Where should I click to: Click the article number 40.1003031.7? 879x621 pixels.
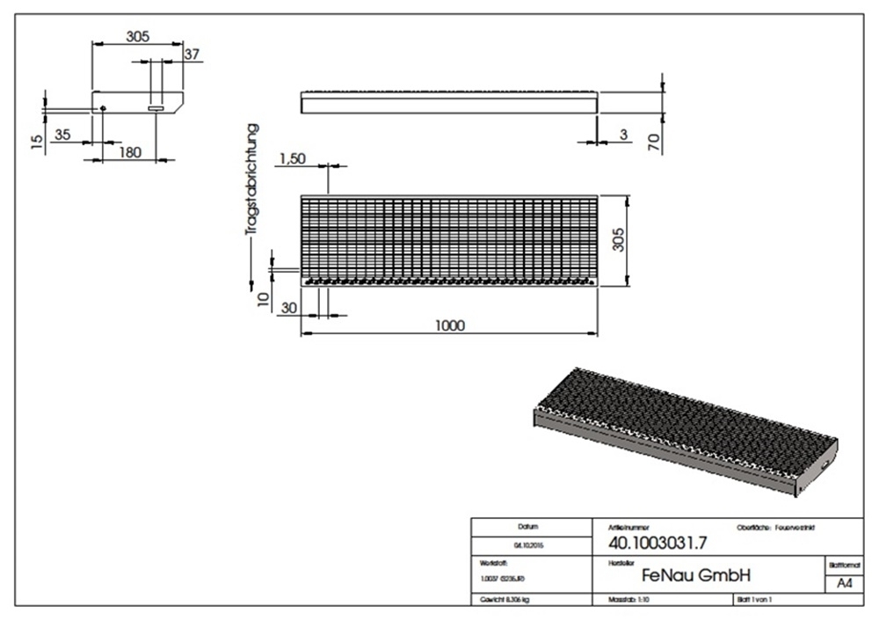(x=651, y=544)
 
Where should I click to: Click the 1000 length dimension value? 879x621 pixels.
(x=448, y=325)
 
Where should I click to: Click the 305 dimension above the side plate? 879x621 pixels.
(x=137, y=36)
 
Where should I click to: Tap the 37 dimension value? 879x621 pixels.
(x=193, y=54)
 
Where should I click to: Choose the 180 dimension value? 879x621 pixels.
(x=129, y=152)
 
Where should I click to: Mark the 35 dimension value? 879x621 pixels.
(x=62, y=134)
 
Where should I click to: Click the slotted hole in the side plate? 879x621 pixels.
(x=156, y=108)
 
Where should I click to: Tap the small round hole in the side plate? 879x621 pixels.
(x=103, y=108)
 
